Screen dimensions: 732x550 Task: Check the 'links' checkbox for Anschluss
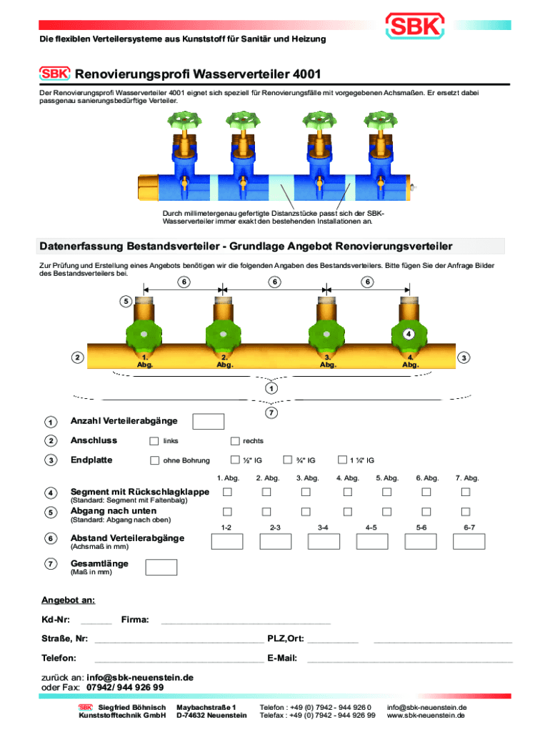point(154,440)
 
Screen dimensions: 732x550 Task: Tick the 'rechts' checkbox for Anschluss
point(234,440)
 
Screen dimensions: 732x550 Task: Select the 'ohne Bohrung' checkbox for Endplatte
point(154,460)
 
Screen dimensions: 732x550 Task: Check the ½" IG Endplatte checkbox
point(234,460)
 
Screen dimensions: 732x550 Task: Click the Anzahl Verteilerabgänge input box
point(209,422)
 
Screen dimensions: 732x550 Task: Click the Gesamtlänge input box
point(161,568)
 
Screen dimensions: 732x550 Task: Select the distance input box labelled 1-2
point(226,541)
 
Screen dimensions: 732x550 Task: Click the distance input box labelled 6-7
point(468,541)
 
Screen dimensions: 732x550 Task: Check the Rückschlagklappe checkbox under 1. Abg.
point(227,492)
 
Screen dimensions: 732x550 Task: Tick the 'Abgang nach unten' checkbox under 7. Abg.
point(465,511)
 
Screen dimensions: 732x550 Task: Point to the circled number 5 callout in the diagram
point(125,301)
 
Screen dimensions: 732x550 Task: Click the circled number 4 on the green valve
point(409,333)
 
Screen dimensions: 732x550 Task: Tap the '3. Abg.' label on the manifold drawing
point(327,360)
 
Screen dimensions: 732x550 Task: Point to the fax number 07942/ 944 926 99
point(124,687)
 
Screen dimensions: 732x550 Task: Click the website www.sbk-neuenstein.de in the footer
point(426,715)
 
